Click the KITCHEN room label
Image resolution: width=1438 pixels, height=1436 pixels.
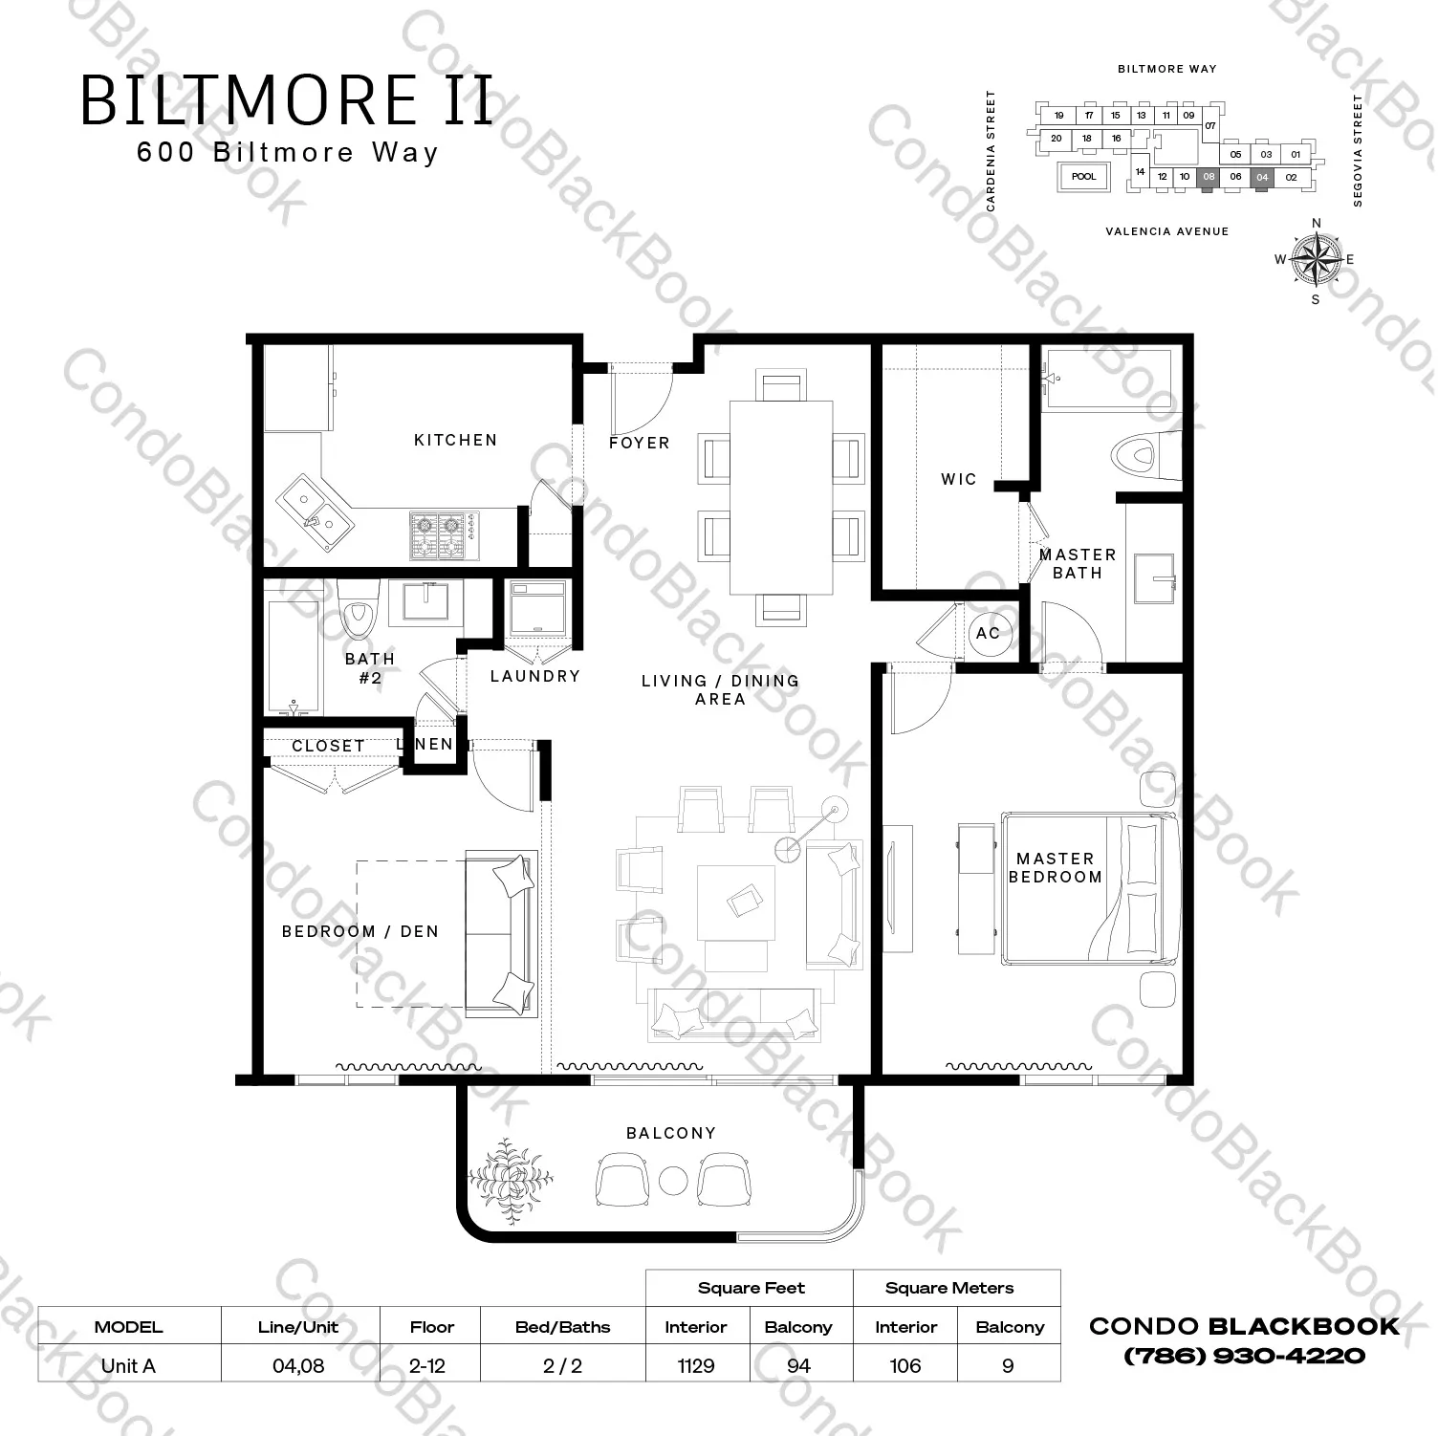tap(455, 440)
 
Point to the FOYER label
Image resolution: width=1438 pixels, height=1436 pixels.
tap(639, 443)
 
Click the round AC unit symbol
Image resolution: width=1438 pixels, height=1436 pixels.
tap(988, 633)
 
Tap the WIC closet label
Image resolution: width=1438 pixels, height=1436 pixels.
tap(958, 479)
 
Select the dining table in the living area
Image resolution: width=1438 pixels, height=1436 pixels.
tap(780, 496)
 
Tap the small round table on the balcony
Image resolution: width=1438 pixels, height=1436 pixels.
tap(673, 1180)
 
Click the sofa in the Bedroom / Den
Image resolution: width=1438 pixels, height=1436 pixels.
tap(500, 932)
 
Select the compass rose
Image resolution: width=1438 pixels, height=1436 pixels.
tap(1316, 259)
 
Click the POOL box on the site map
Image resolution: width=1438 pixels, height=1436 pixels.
tap(1083, 177)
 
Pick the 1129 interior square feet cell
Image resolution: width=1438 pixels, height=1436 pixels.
tap(696, 1365)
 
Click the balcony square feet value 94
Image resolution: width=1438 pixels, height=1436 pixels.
tap(798, 1365)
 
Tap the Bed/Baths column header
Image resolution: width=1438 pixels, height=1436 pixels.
tap(562, 1327)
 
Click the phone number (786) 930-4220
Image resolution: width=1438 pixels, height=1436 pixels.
tap(1244, 1356)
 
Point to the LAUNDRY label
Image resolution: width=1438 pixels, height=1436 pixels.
tap(534, 676)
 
